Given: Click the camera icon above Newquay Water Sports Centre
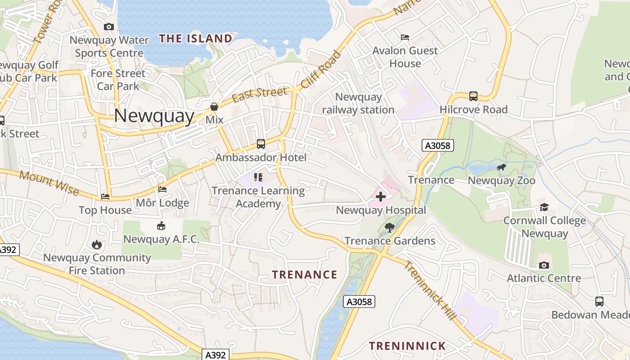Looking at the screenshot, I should click(108, 27).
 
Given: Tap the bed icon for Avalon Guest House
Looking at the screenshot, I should click(405, 37).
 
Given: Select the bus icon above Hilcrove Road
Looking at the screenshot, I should click(473, 96).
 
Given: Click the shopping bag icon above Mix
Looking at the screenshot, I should click(214, 107).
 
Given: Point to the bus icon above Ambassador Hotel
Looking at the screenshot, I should click(261, 144).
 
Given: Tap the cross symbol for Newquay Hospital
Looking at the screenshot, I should click(381, 196).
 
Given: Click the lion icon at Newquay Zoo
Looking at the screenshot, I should click(501, 168).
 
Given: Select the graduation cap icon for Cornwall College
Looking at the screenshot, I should click(544, 207).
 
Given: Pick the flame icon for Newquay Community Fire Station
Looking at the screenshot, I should click(97, 244).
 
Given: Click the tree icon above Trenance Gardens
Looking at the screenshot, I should click(390, 227).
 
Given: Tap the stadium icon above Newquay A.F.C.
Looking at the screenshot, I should click(161, 226).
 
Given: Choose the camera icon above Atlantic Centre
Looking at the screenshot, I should click(544, 265).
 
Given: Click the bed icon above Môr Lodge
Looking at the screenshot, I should click(162, 189).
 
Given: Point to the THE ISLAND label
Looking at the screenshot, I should click(196, 39).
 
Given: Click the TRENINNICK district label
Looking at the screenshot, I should click(407, 346).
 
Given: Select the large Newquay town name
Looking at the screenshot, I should click(154, 116).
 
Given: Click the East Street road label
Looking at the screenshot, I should click(259, 94).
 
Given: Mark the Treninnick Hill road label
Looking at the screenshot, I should click(430, 290).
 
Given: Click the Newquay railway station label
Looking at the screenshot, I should click(358, 103).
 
